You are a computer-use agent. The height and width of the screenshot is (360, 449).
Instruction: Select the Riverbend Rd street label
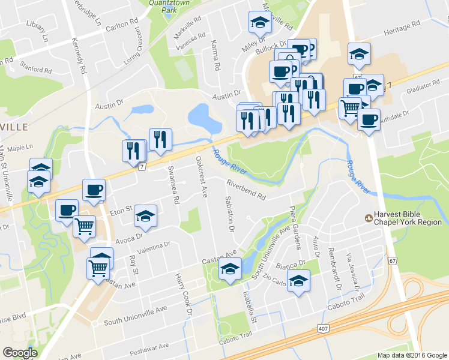(246, 190)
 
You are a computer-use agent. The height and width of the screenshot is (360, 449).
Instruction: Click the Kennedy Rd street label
(79, 57)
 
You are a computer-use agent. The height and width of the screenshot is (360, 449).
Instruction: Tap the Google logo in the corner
(20, 353)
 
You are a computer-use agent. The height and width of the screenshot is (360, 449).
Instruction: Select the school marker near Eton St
(145, 217)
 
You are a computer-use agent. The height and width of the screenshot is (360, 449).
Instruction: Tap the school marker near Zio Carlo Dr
(298, 281)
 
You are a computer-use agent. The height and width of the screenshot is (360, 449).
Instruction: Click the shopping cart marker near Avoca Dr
(85, 226)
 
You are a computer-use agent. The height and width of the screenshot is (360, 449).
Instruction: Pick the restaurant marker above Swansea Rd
(160, 139)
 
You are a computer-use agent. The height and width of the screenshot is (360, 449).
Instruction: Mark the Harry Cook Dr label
(182, 294)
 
